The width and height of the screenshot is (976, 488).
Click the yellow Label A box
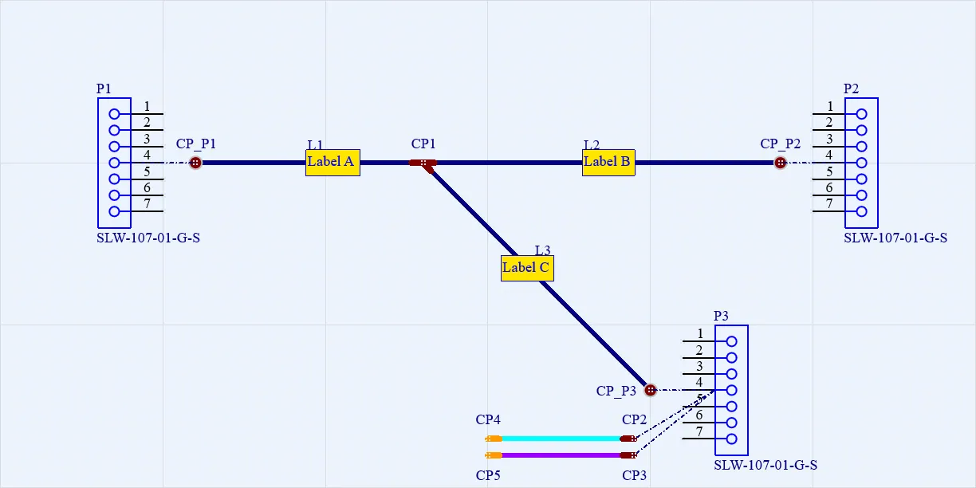(x=333, y=163)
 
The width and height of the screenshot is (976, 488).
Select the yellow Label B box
(x=608, y=163)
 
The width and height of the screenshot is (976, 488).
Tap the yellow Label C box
(x=527, y=268)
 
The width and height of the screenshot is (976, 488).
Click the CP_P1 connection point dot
(x=195, y=163)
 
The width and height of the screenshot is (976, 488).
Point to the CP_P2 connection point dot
(x=781, y=163)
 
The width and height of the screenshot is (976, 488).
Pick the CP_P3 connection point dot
(x=651, y=390)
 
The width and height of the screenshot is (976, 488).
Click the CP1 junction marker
(x=423, y=164)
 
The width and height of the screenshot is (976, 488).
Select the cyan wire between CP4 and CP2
(x=561, y=439)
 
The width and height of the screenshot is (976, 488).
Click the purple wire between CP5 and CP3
(x=561, y=455)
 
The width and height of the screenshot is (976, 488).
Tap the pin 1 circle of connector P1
(x=114, y=114)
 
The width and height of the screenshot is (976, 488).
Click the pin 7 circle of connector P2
(x=861, y=212)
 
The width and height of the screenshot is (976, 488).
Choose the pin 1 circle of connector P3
(x=731, y=341)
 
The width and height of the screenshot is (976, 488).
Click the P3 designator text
(x=721, y=316)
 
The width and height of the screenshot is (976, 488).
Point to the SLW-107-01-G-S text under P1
(x=148, y=238)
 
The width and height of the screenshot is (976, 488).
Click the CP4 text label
(x=488, y=419)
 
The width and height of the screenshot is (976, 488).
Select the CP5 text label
(x=488, y=475)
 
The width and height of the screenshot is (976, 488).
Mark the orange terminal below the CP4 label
(x=494, y=439)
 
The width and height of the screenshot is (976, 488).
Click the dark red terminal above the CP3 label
(x=628, y=455)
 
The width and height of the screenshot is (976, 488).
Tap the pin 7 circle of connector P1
(x=114, y=212)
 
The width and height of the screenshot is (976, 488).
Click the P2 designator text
(x=851, y=89)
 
